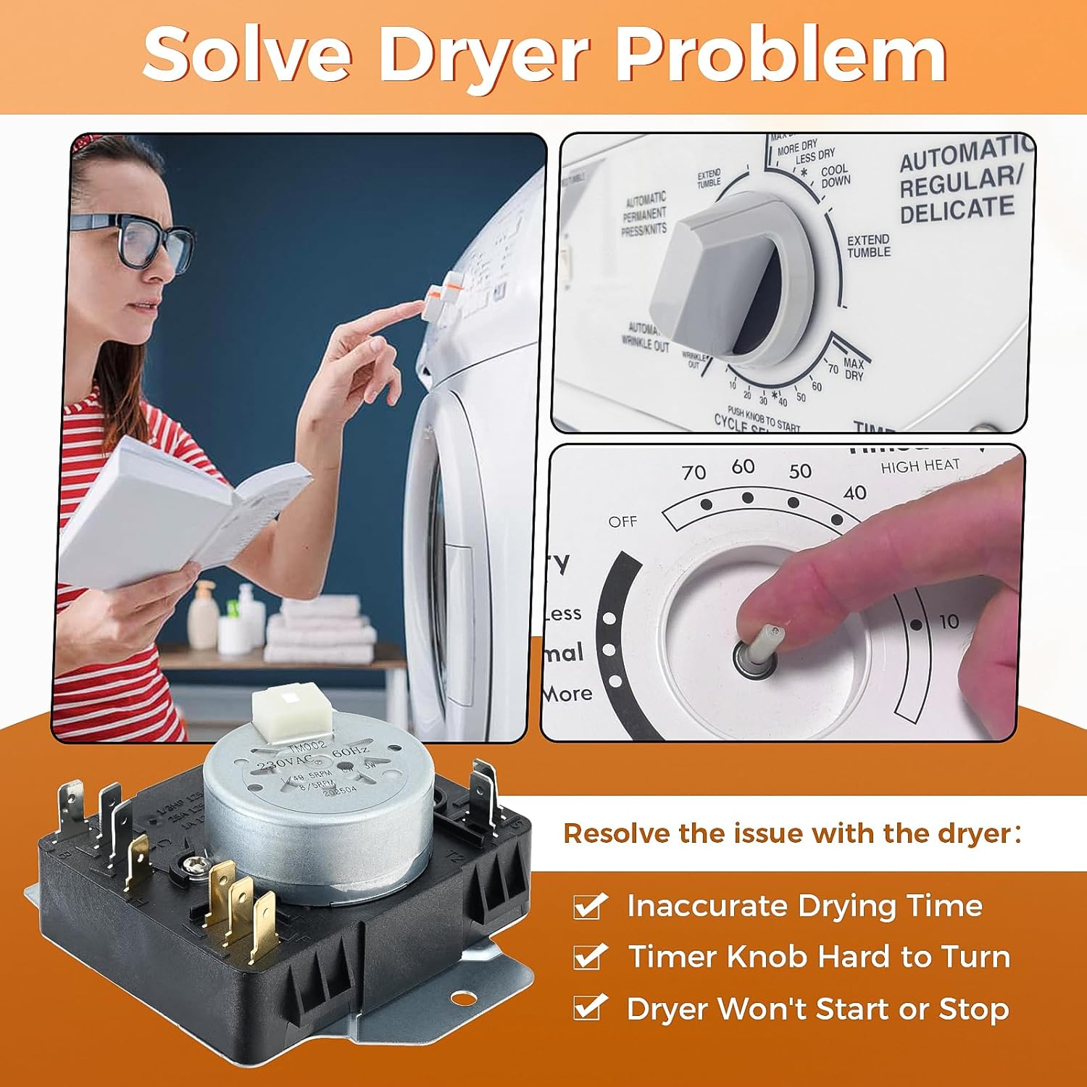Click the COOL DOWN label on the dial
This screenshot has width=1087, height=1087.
point(835,176)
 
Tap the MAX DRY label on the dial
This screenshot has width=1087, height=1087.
point(853,369)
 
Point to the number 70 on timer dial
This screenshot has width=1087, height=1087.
point(694,472)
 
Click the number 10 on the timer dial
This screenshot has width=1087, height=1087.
point(949,621)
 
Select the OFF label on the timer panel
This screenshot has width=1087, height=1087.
point(622,522)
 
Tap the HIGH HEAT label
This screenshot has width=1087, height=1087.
point(920,466)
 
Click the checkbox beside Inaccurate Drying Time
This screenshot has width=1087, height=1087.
point(589,907)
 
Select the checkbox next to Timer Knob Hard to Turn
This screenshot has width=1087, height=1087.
point(589,957)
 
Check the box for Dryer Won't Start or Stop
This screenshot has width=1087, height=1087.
point(589,1009)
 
